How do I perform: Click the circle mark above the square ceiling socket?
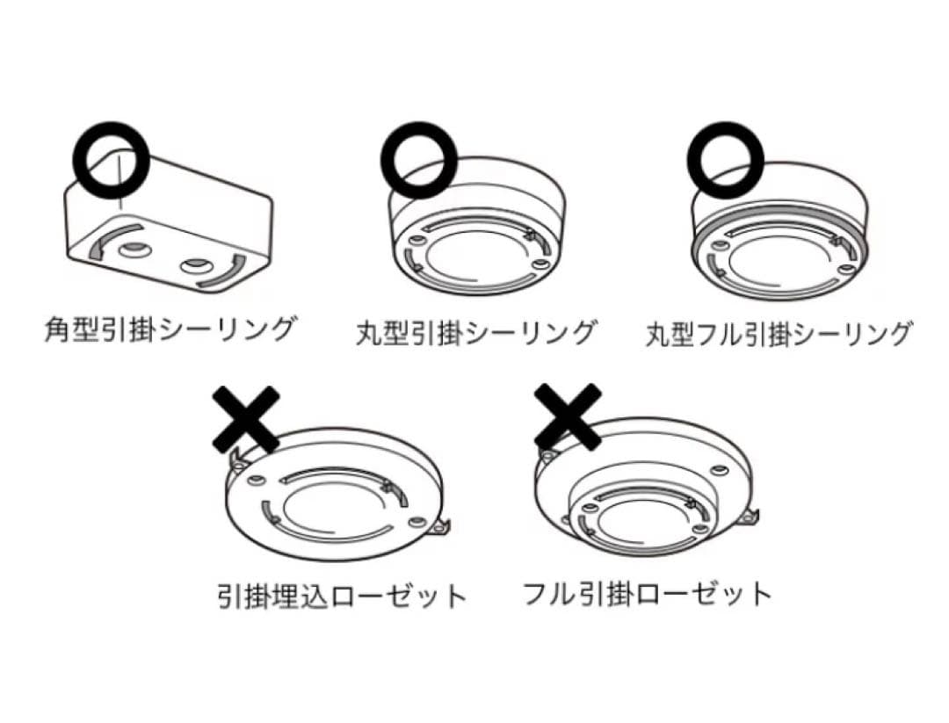[110, 160]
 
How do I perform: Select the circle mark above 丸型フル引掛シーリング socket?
[725, 159]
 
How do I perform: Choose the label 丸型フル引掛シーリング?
[779, 334]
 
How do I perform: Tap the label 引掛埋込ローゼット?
[342, 596]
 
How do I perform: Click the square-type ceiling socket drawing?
[167, 228]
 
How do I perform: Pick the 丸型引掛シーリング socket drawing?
[474, 233]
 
